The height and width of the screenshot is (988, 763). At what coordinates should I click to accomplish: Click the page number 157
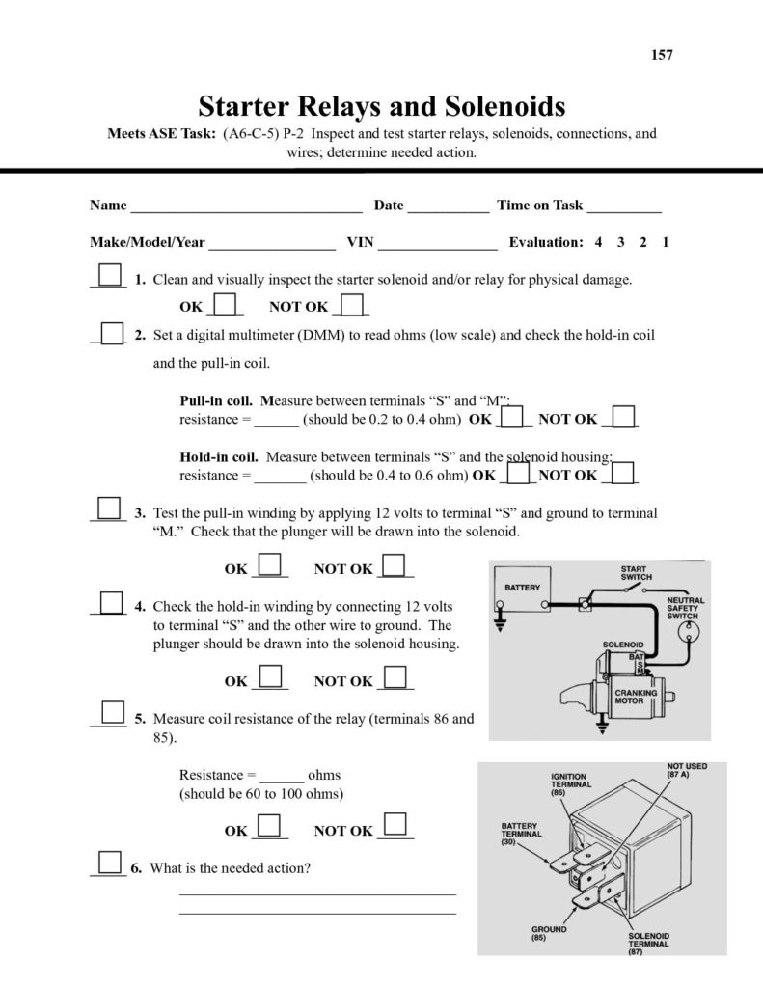pos(662,55)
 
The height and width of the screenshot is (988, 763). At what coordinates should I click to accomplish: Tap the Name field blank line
pos(246,206)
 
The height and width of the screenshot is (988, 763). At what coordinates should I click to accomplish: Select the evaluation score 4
pos(599,243)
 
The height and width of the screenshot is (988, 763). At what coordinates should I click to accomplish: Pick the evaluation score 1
pos(666,243)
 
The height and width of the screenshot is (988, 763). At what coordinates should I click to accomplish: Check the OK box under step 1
pos(226,305)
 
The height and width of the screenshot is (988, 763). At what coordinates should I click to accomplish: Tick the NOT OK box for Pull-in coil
pos(624,417)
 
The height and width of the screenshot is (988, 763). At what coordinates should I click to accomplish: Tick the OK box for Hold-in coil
pos(519,473)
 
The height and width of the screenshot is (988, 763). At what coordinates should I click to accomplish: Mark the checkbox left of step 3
pos(109,508)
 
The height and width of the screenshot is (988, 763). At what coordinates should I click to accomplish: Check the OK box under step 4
pos(271,677)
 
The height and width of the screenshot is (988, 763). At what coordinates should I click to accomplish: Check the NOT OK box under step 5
pos(395,826)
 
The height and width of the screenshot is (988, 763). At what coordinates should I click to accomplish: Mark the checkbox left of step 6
pos(109,863)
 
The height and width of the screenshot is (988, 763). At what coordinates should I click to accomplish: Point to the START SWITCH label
pos(635,573)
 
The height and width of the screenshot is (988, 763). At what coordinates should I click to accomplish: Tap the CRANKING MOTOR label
pos(637,698)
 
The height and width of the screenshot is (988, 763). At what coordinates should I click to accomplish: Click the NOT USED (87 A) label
pos(686,770)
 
